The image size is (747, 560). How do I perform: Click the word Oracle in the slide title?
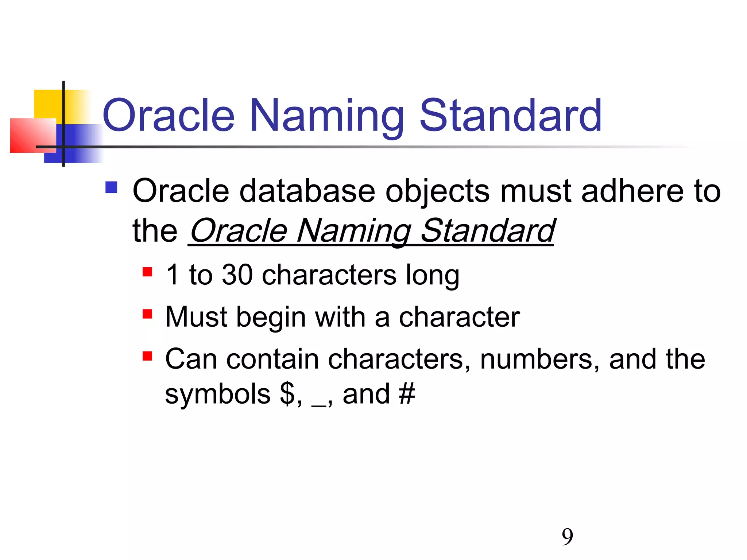click(169, 116)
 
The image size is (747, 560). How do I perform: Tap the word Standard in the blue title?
click(511, 116)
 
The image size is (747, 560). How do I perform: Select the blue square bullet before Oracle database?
click(111, 187)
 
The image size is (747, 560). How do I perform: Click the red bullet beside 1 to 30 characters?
click(147, 272)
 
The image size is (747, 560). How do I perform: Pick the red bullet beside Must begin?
click(147, 314)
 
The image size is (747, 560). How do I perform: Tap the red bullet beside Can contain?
click(147, 356)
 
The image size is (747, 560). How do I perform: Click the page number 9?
click(567, 537)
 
